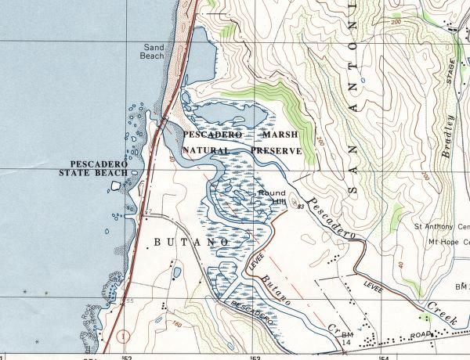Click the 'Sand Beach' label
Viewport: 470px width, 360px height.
pos(154,52)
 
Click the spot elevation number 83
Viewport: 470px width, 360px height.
pos(301,207)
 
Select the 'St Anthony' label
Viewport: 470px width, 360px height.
pos(441,228)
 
